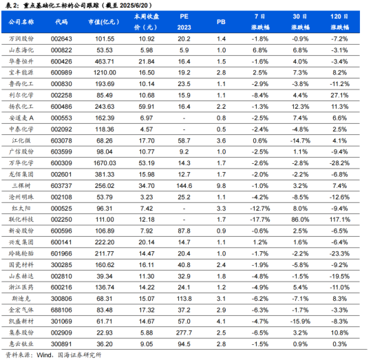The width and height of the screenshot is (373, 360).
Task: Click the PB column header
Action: [x=221, y=22]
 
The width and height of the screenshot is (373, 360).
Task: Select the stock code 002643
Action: [x=61, y=39]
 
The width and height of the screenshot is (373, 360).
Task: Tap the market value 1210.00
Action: [x=105, y=72]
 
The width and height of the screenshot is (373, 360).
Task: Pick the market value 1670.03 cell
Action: [x=105, y=163]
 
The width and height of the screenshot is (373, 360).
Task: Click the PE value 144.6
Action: [x=184, y=186]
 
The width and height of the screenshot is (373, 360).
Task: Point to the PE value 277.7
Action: [x=184, y=332]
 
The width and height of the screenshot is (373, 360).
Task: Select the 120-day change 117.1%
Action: [x=340, y=220]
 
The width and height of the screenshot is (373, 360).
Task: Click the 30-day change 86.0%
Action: [x=300, y=220]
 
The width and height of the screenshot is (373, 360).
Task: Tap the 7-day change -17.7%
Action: [x=260, y=220]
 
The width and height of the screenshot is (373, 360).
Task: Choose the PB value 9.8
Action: [x=221, y=186]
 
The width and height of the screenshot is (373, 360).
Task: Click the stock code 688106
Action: [x=61, y=310]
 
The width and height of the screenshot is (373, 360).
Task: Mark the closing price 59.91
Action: [x=147, y=107]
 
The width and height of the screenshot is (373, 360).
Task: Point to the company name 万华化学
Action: [x=21, y=163]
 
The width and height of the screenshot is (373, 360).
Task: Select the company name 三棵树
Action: [x=21, y=186]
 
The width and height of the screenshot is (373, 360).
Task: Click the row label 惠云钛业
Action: [x=21, y=344]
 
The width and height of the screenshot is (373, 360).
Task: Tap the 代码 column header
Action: [x=61, y=22]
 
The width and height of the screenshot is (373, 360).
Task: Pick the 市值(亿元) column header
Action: [x=104, y=22]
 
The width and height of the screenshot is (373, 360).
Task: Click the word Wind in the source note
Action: [x=44, y=355]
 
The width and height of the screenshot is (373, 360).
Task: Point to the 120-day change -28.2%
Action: [x=340, y=163]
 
